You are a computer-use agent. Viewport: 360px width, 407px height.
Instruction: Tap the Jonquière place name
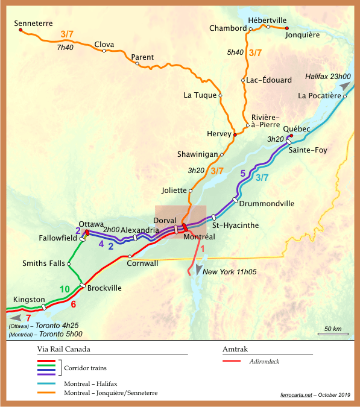pos(302,35)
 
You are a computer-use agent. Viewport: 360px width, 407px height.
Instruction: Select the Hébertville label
pos(267,19)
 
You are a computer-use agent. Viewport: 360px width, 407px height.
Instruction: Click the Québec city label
pos(296,129)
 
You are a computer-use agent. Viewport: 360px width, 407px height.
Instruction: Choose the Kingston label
pos(29,300)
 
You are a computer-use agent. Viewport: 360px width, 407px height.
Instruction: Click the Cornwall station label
pos(142,263)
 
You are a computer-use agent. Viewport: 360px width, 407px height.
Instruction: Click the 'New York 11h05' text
pos(230,273)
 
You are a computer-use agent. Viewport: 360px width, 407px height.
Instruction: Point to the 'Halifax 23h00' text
pos(327,77)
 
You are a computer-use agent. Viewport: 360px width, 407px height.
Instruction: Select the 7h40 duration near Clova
pos(66,46)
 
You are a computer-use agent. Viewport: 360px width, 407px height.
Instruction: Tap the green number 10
pos(66,291)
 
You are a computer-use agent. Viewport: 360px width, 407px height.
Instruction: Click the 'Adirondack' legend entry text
pos(266,362)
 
